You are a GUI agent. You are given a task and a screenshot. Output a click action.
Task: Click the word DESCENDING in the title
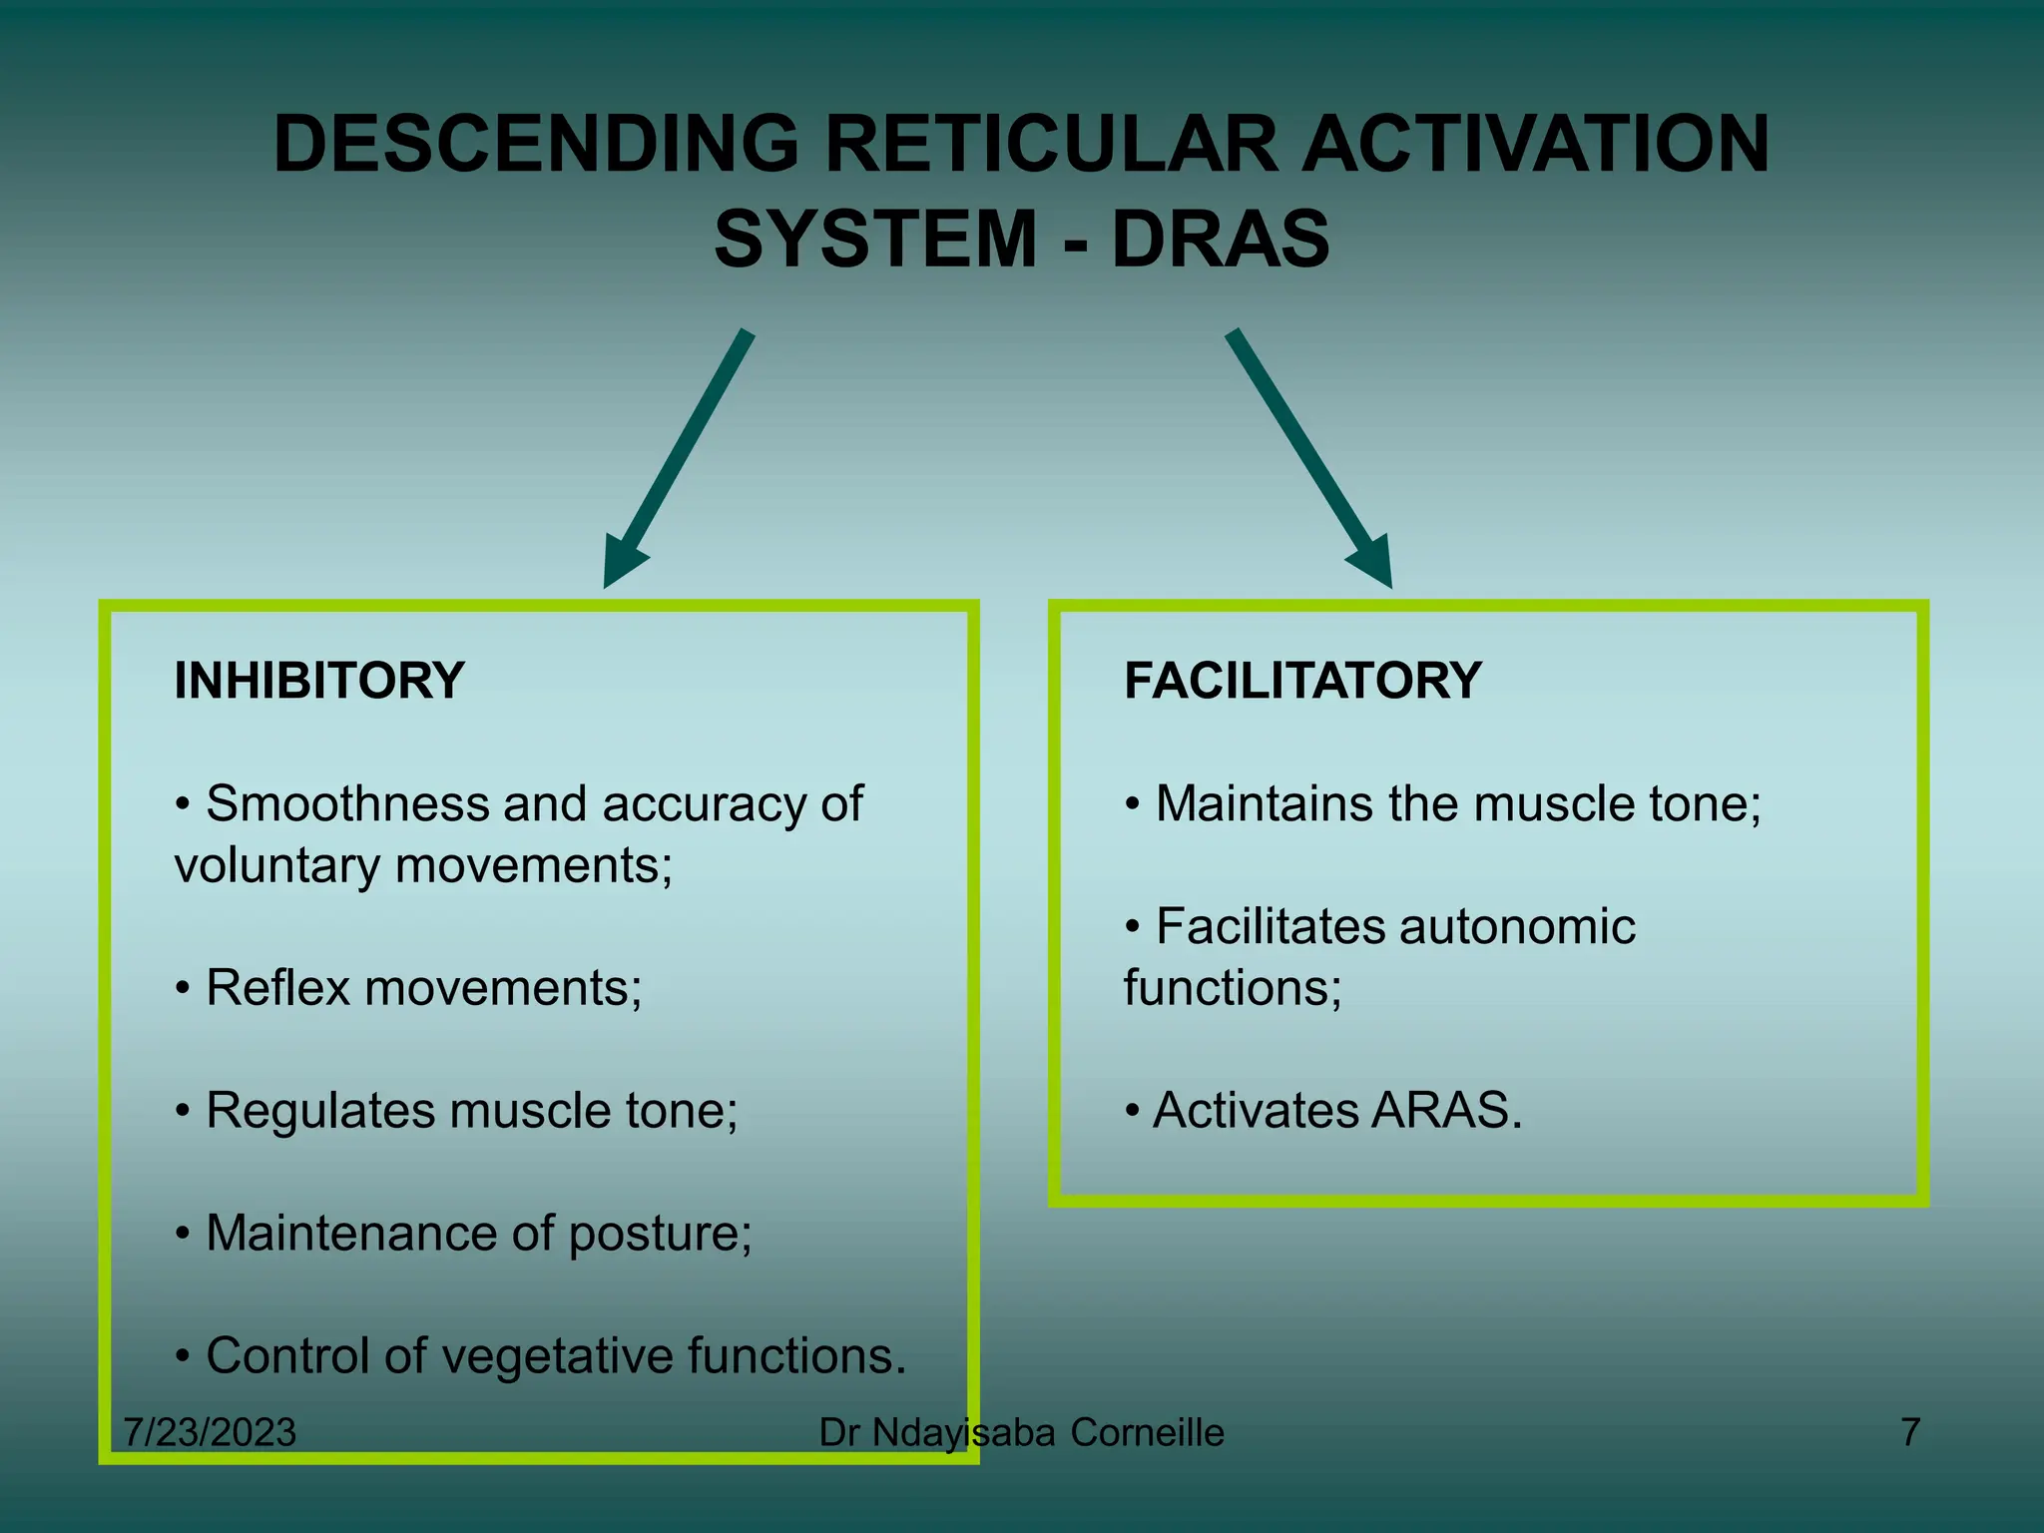click(536, 145)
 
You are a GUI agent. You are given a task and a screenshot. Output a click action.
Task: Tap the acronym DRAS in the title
click(1220, 241)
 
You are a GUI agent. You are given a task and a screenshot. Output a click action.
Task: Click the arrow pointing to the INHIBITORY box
click(679, 459)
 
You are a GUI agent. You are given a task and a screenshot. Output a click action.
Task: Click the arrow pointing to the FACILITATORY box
click(1308, 459)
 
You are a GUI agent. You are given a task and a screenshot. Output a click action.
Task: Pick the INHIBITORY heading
click(319, 682)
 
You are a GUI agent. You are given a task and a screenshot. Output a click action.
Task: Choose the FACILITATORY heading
click(1302, 682)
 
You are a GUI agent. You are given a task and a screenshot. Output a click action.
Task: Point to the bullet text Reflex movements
click(423, 989)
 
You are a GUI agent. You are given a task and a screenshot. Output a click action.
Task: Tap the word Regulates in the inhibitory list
click(319, 1111)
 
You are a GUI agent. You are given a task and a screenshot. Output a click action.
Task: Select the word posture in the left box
click(660, 1235)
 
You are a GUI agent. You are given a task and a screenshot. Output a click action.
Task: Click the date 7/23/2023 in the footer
click(210, 1433)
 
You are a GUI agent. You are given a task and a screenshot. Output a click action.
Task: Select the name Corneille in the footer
click(1147, 1433)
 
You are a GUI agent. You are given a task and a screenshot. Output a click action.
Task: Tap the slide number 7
click(1910, 1433)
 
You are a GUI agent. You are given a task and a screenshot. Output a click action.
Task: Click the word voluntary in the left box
click(276, 866)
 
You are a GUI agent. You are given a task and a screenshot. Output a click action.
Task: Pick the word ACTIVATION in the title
click(1536, 145)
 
